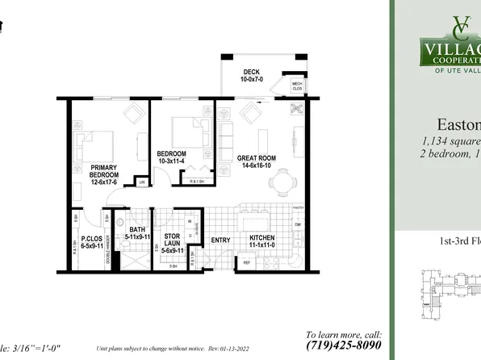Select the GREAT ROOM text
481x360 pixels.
tap(257, 158)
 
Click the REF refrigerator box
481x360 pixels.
tap(244, 262)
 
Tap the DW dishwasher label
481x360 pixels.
tap(298, 224)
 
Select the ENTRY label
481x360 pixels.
tap(220, 240)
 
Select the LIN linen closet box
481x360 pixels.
tap(141, 182)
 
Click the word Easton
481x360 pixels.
tap(458, 126)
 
